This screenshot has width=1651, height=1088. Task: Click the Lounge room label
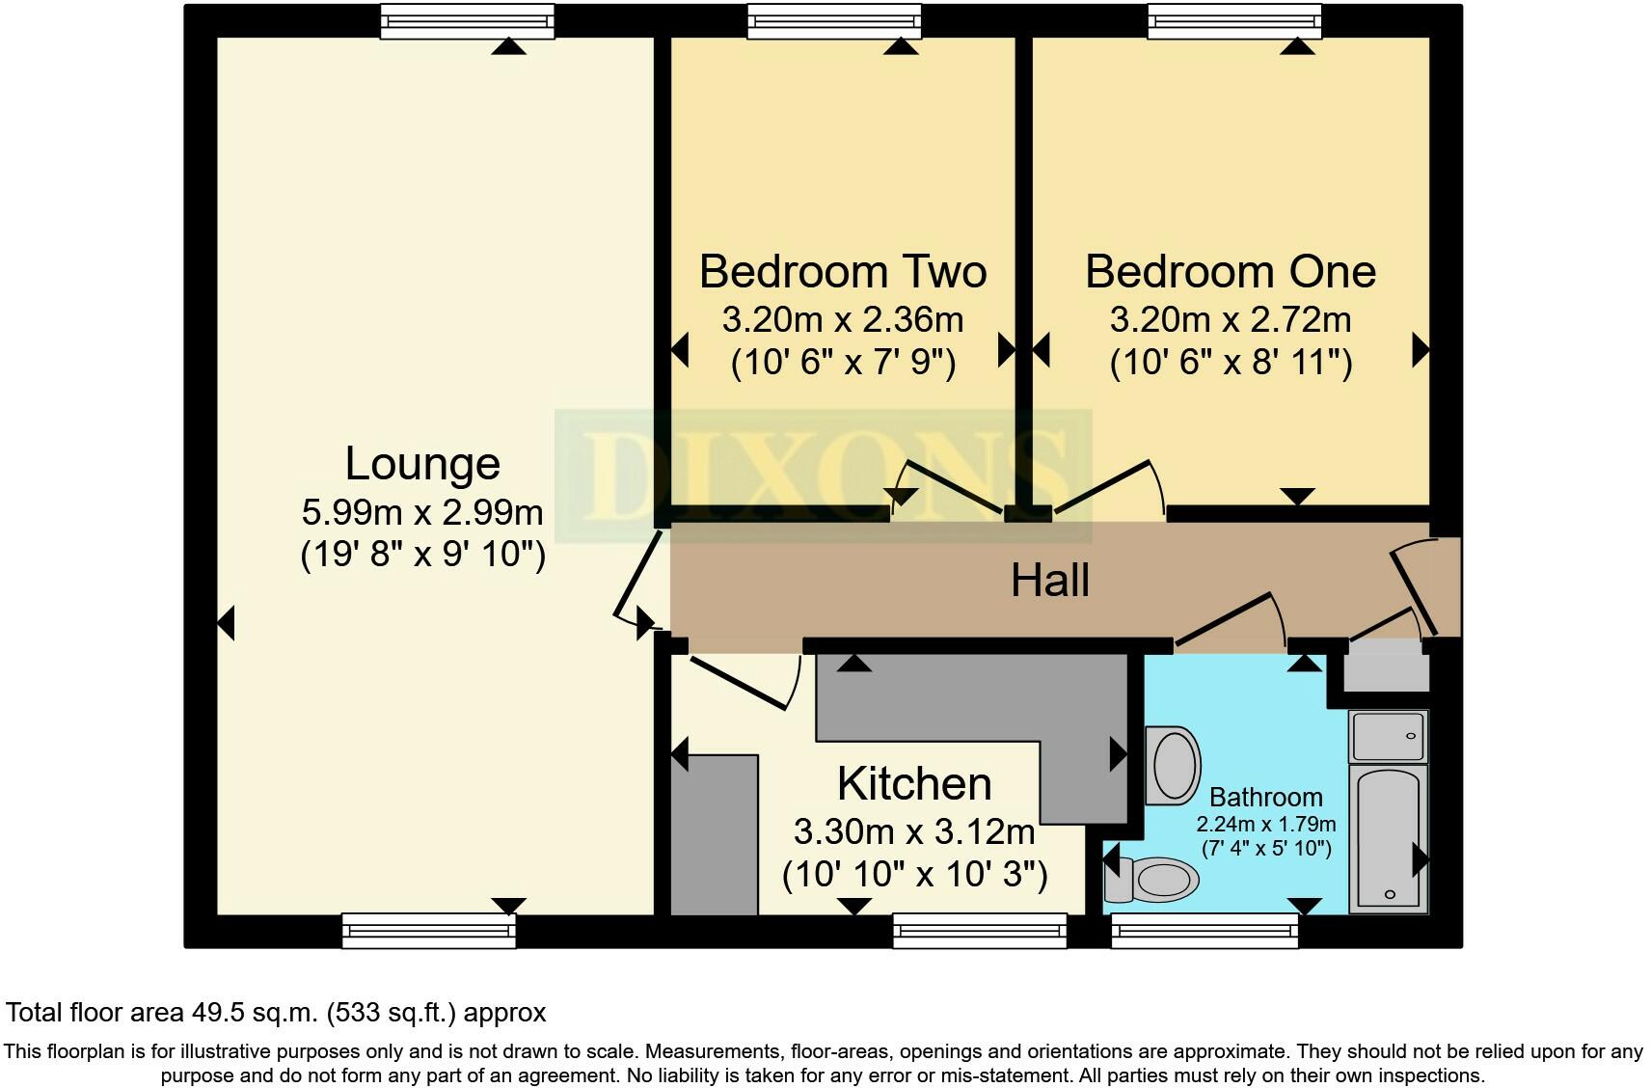[422, 464]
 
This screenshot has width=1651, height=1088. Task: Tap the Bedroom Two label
[842, 271]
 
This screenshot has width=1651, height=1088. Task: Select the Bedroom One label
[1230, 271]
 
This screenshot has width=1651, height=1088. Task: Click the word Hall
[1049, 581]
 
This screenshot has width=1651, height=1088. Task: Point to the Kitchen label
[913, 784]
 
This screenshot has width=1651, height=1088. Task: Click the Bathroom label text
[1265, 798]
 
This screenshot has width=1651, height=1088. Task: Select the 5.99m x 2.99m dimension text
[422, 512]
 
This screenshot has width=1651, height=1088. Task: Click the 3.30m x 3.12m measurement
[913, 830]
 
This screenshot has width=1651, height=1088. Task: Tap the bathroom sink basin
[1172, 766]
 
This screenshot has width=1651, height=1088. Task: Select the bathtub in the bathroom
[1388, 839]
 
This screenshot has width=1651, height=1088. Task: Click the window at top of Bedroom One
[1232, 20]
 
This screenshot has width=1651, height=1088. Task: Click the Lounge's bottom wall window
[428, 931]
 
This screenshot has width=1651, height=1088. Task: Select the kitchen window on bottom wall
[979, 931]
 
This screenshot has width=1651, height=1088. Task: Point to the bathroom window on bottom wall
[1204, 931]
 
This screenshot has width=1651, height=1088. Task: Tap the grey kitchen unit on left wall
[713, 834]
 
